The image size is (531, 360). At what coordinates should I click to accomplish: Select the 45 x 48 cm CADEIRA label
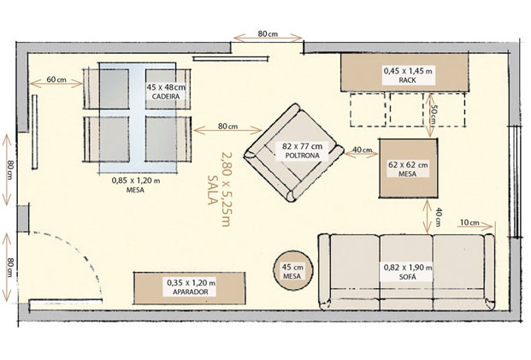pos(167,91)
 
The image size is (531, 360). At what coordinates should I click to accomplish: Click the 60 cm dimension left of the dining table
pos(56,80)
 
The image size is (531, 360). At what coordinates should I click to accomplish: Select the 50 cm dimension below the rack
pos(434,111)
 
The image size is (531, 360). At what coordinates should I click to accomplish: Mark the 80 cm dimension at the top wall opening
pos(267,35)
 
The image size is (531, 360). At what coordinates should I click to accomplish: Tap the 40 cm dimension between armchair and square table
pos(362,152)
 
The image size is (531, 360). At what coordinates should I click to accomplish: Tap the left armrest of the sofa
pos(325,271)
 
